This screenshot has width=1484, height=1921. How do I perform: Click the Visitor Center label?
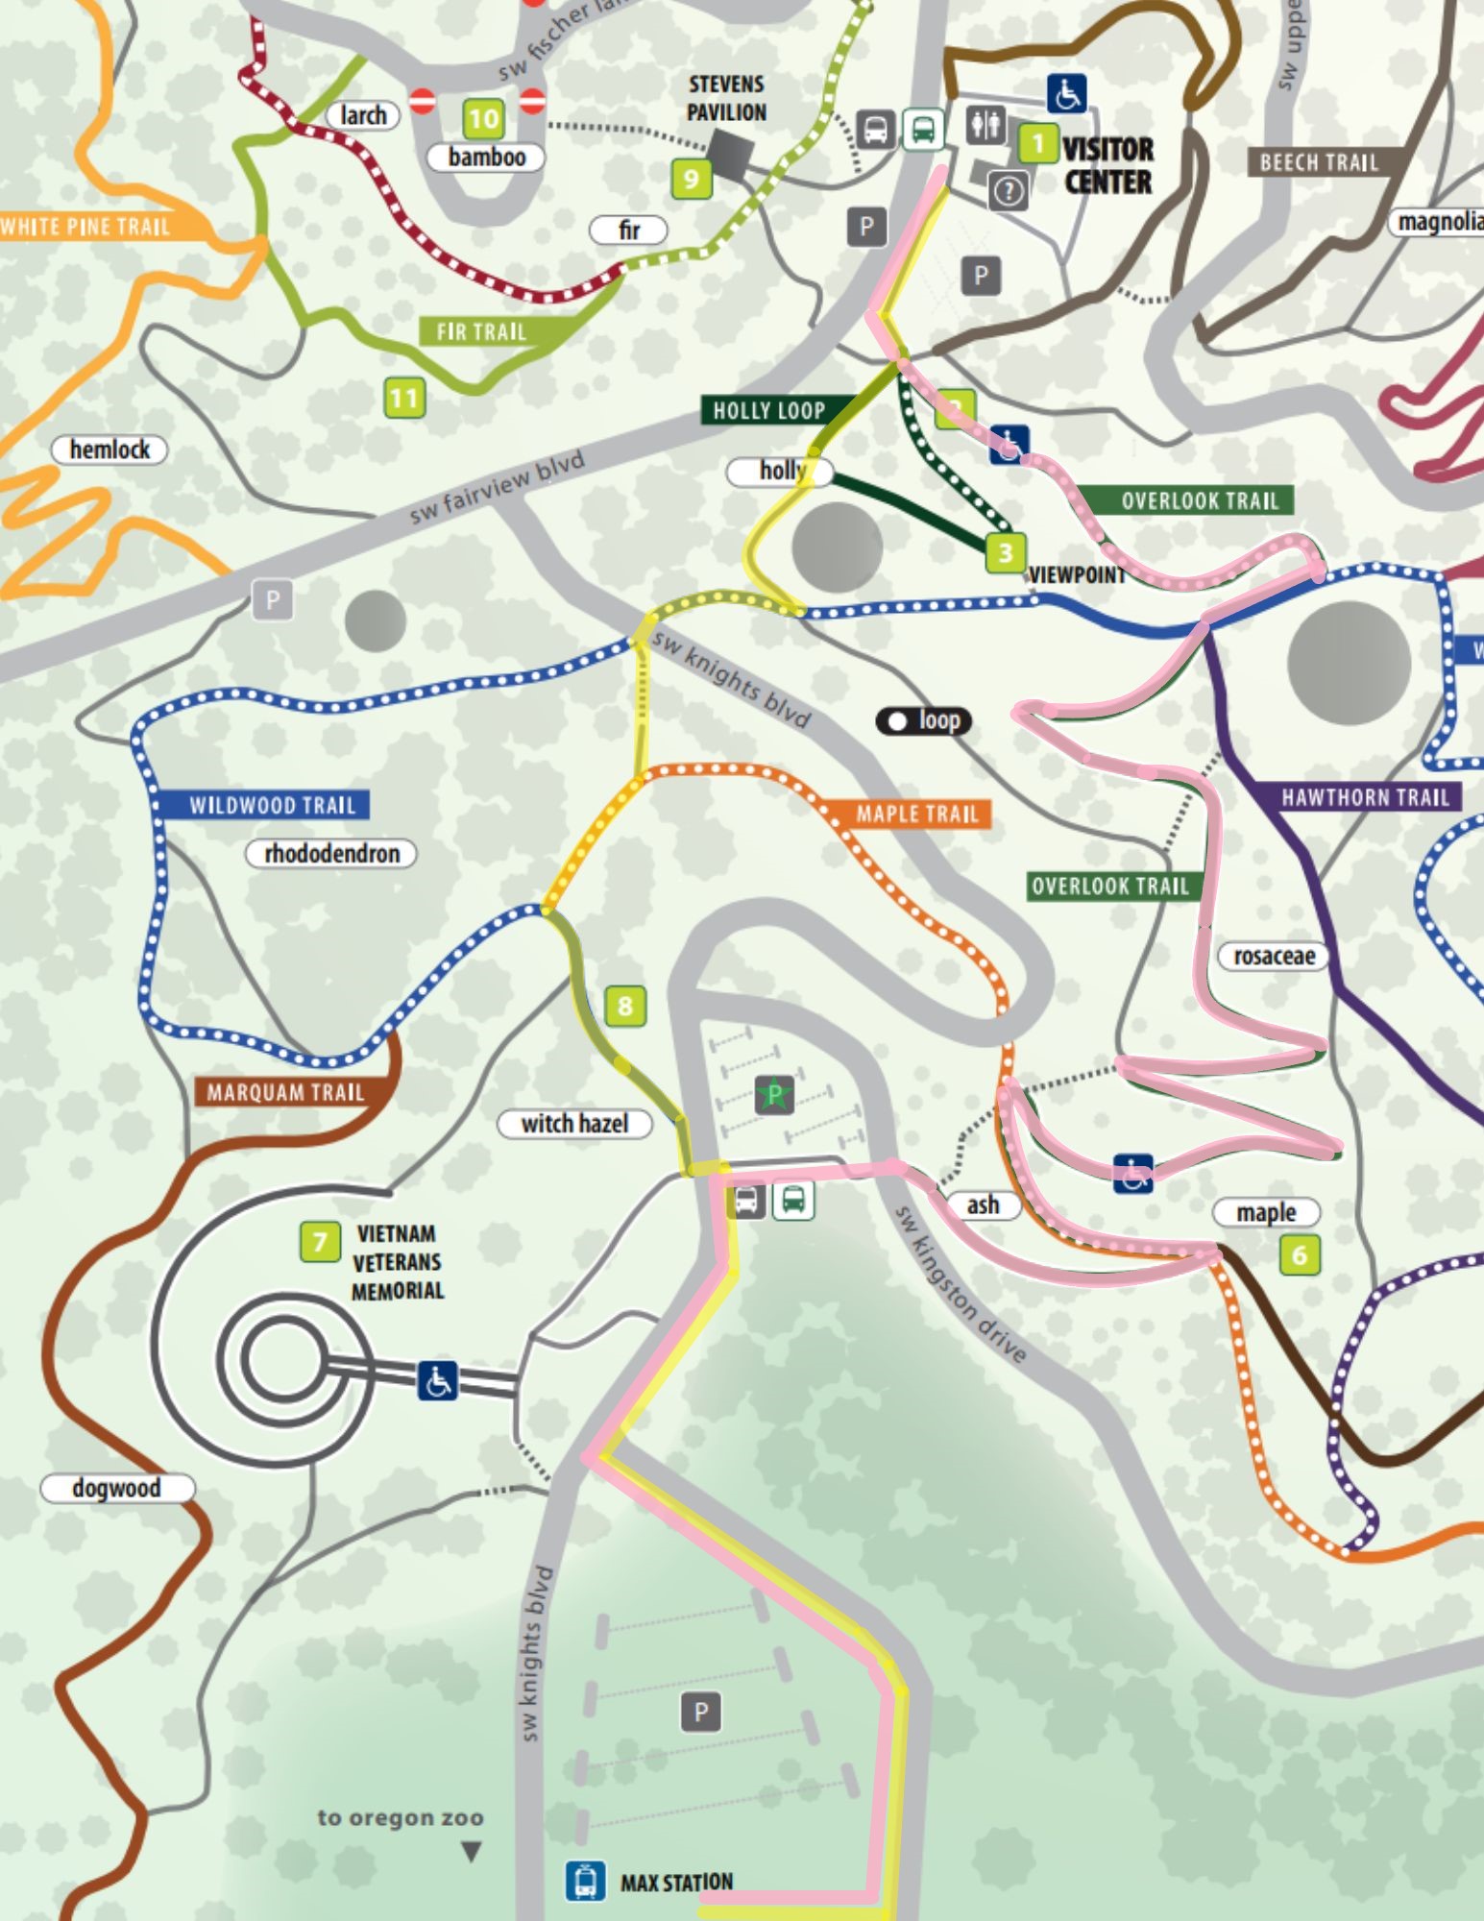[1107, 165]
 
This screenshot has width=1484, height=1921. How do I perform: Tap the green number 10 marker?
[483, 118]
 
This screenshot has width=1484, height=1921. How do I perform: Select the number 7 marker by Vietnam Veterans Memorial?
[320, 1241]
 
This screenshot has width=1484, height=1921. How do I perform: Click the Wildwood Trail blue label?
[272, 805]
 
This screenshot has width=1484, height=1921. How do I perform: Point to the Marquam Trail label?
[285, 1092]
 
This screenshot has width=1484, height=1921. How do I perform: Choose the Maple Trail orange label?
[916, 814]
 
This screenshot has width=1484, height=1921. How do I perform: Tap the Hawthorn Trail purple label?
[1365, 796]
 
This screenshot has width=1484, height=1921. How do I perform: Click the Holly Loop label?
[768, 410]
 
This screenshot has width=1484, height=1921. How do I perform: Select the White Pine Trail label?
[85, 227]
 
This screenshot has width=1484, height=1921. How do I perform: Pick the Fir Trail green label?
[481, 331]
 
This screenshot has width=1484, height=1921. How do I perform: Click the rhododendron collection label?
[331, 853]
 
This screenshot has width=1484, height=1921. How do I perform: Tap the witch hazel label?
[574, 1123]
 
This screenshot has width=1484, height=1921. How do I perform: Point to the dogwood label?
[116, 1488]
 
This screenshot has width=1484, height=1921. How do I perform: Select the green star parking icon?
[774, 1094]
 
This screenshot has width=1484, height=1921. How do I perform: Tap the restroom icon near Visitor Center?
[985, 125]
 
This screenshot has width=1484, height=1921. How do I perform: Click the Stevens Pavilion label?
[726, 98]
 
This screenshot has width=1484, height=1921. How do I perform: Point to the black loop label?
[924, 720]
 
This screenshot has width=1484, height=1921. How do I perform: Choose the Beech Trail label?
[1318, 162]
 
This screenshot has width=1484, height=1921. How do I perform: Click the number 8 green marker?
[624, 1006]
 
